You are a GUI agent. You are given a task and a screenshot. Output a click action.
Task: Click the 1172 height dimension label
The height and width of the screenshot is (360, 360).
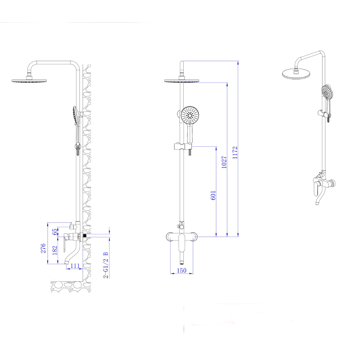235,153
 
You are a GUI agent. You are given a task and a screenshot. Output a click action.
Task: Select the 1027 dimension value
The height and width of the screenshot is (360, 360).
224,162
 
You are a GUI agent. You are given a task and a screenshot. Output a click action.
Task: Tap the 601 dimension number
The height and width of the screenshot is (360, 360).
213,195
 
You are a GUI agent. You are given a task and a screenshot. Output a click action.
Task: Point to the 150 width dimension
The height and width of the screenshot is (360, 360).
182,270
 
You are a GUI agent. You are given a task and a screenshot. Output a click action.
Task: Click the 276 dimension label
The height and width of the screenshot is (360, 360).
43,248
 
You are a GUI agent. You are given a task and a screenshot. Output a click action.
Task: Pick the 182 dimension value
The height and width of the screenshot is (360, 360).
55,250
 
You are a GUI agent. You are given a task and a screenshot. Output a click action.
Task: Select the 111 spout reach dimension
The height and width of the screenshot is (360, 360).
75,266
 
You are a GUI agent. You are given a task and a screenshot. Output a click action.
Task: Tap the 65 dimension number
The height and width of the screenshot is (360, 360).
55,232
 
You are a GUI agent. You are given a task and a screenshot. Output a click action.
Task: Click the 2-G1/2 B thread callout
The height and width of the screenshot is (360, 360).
106,265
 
